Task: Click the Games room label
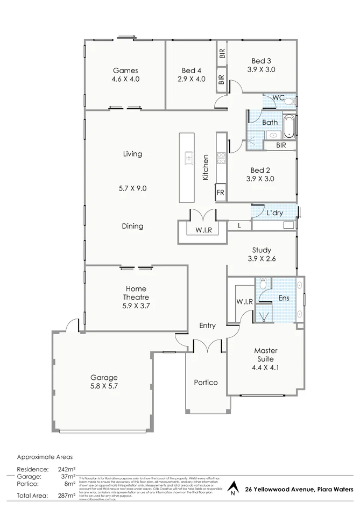pyautogui.click(x=125, y=70)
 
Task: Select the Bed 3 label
pyautogui.click(x=261, y=61)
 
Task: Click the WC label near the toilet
pyautogui.click(x=278, y=97)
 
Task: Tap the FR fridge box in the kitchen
pyautogui.click(x=221, y=192)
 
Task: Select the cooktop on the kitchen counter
pyautogui.click(x=221, y=158)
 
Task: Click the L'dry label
pyautogui.click(x=275, y=213)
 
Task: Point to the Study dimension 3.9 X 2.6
pyautogui.click(x=261, y=259)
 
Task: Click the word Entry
pyautogui.click(x=207, y=326)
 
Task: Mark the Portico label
pyautogui.click(x=206, y=383)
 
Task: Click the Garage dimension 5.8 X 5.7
pyautogui.click(x=104, y=386)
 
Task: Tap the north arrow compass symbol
pyautogui.click(x=232, y=489)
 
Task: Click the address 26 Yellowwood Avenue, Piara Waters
pyautogui.click(x=299, y=490)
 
